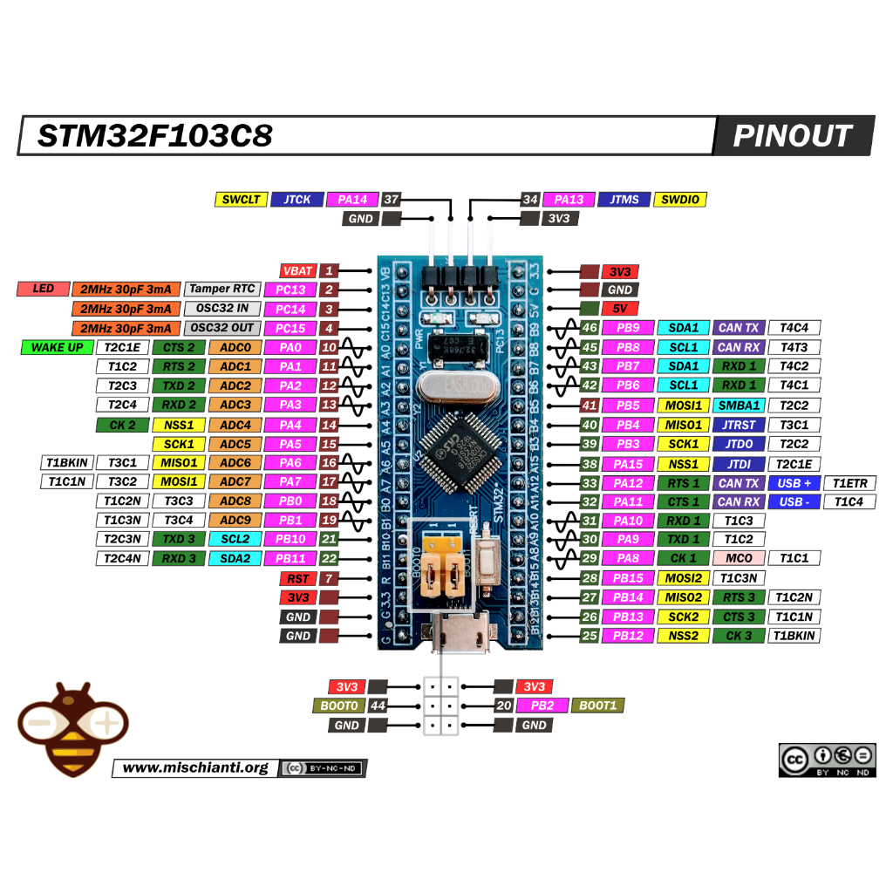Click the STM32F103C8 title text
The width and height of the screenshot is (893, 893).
click(155, 136)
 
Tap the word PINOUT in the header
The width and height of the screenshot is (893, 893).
click(792, 136)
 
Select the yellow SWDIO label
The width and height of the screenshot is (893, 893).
click(679, 200)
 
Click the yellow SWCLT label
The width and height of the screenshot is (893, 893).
click(241, 200)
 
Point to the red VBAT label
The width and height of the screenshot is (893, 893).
click(297, 271)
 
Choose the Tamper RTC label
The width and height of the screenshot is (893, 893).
click(222, 290)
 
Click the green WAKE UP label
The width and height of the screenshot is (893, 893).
click(57, 347)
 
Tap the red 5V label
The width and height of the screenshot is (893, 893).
click(619, 309)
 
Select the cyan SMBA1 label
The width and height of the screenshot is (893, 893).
click(739, 406)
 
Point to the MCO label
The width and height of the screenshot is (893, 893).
click(739, 558)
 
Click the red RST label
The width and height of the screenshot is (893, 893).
click(297, 578)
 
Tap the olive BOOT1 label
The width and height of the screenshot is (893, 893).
click(597, 706)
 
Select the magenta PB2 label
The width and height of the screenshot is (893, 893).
click(542, 706)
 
